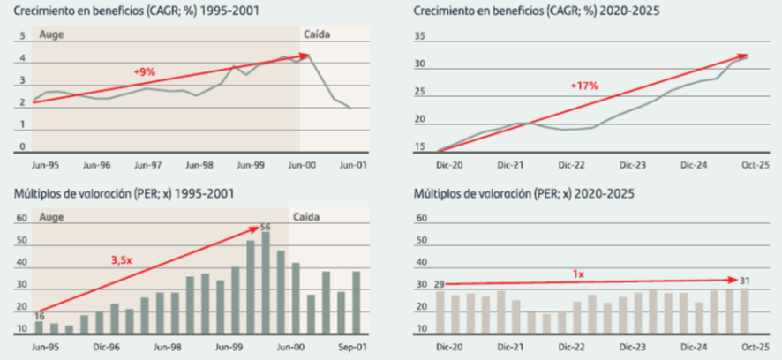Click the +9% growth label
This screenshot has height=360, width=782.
click(x=144, y=71)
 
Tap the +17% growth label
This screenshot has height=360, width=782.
click(x=584, y=86)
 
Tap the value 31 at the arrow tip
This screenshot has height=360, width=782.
click(x=746, y=280)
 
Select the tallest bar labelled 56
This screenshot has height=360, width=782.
click(x=266, y=283)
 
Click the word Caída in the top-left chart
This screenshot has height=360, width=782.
click(x=318, y=34)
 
